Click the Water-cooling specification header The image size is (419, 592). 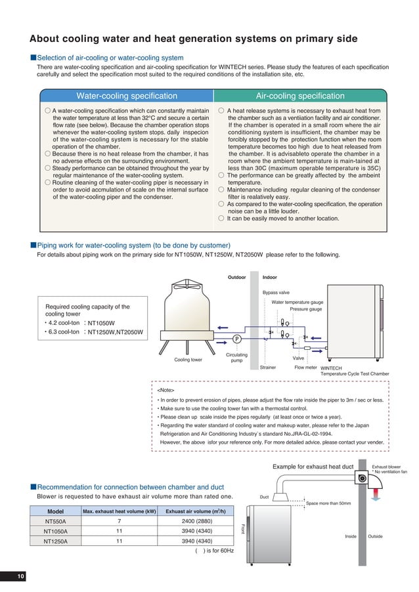(127, 96)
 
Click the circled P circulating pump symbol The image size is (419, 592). (236, 339)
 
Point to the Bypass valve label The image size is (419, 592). (276, 292)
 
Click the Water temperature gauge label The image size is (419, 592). (297, 302)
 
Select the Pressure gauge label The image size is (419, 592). (305, 309)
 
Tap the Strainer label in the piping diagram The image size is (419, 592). (268, 368)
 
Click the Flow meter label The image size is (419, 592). (305, 368)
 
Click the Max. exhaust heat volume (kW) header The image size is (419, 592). (120, 511)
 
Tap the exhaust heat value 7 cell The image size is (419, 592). (120, 521)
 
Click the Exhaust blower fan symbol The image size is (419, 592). (362, 478)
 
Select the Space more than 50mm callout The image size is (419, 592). (328, 503)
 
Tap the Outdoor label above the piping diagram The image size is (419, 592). (236, 277)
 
